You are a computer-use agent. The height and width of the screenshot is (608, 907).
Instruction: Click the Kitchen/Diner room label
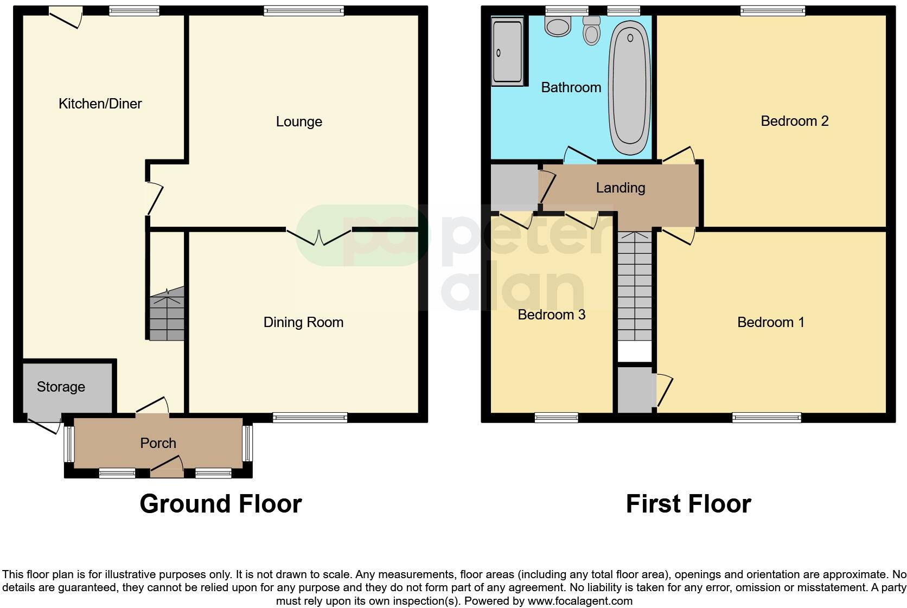[100, 104]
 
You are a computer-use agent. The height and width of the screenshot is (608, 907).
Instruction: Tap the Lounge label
[299, 121]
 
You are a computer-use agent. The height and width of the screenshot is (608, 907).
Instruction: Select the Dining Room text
[303, 322]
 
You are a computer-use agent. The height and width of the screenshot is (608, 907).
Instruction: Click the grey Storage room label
[61, 387]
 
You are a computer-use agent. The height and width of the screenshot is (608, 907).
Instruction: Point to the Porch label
[158, 443]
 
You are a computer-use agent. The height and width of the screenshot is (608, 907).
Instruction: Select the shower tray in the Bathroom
[508, 52]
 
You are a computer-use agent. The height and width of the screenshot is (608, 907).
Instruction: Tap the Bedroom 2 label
[794, 121]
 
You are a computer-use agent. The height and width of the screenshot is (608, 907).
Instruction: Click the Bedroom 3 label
[551, 315]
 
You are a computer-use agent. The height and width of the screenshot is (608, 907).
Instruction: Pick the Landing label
[620, 188]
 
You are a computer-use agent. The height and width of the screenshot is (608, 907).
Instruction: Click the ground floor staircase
[167, 317]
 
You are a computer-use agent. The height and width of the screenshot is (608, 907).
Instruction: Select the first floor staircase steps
[634, 287]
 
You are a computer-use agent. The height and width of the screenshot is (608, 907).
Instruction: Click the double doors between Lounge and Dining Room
[319, 236]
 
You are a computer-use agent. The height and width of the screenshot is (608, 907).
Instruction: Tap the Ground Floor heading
[220, 504]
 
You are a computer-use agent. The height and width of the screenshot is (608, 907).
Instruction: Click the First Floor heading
[688, 504]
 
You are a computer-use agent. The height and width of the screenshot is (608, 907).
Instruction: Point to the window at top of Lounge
[304, 10]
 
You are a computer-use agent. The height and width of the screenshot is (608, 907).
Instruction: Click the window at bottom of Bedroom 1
[766, 417]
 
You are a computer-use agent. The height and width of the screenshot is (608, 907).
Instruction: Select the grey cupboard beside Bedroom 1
[635, 389]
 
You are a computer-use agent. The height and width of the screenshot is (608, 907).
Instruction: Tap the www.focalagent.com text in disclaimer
[580, 601]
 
